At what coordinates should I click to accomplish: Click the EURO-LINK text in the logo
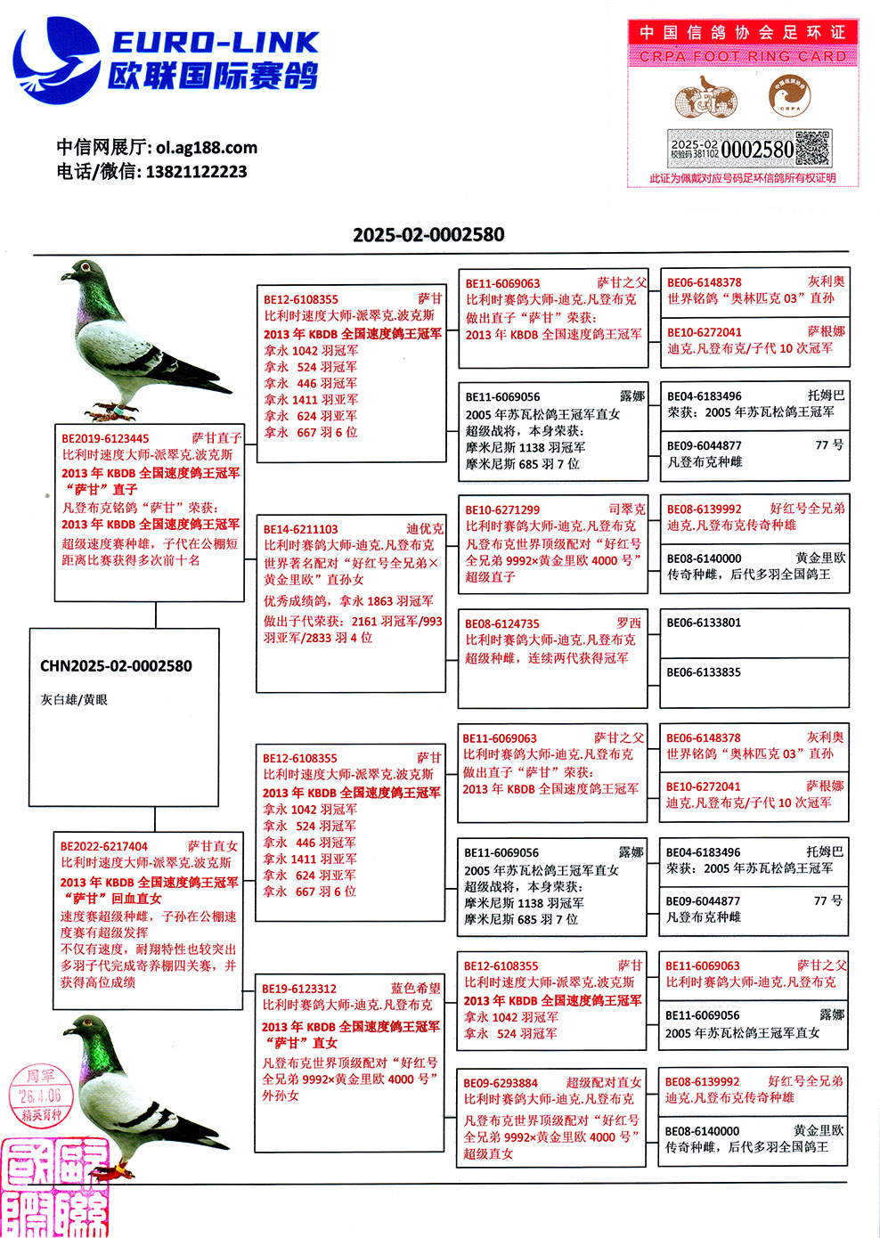pyautogui.click(x=215, y=42)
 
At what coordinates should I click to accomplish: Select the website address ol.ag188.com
pyautogui.click(x=206, y=148)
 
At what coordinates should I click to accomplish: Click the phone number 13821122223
pyautogui.click(x=196, y=172)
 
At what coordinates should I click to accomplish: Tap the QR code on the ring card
pyautogui.click(x=812, y=149)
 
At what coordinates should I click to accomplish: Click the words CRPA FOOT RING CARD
pyautogui.click(x=743, y=56)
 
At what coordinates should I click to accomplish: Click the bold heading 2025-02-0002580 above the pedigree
pyautogui.click(x=428, y=235)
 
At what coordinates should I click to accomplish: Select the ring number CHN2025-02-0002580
pyautogui.click(x=116, y=666)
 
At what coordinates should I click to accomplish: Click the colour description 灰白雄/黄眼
pyautogui.click(x=74, y=700)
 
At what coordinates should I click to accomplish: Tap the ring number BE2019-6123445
pyautogui.click(x=105, y=438)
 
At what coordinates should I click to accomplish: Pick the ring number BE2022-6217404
pyautogui.click(x=104, y=846)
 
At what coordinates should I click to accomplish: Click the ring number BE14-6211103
pyautogui.click(x=301, y=529)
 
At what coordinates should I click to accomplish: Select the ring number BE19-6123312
pyautogui.click(x=299, y=989)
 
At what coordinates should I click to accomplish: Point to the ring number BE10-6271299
pyautogui.click(x=502, y=510)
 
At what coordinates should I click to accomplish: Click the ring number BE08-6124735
pyautogui.click(x=502, y=623)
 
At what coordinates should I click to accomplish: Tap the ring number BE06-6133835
pyautogui.click(x=704, y=672)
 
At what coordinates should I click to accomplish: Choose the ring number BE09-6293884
pyautogui.click(x=501, y=1083)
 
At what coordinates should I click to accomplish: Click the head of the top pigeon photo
pyautogui.click(x=87, y=270)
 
